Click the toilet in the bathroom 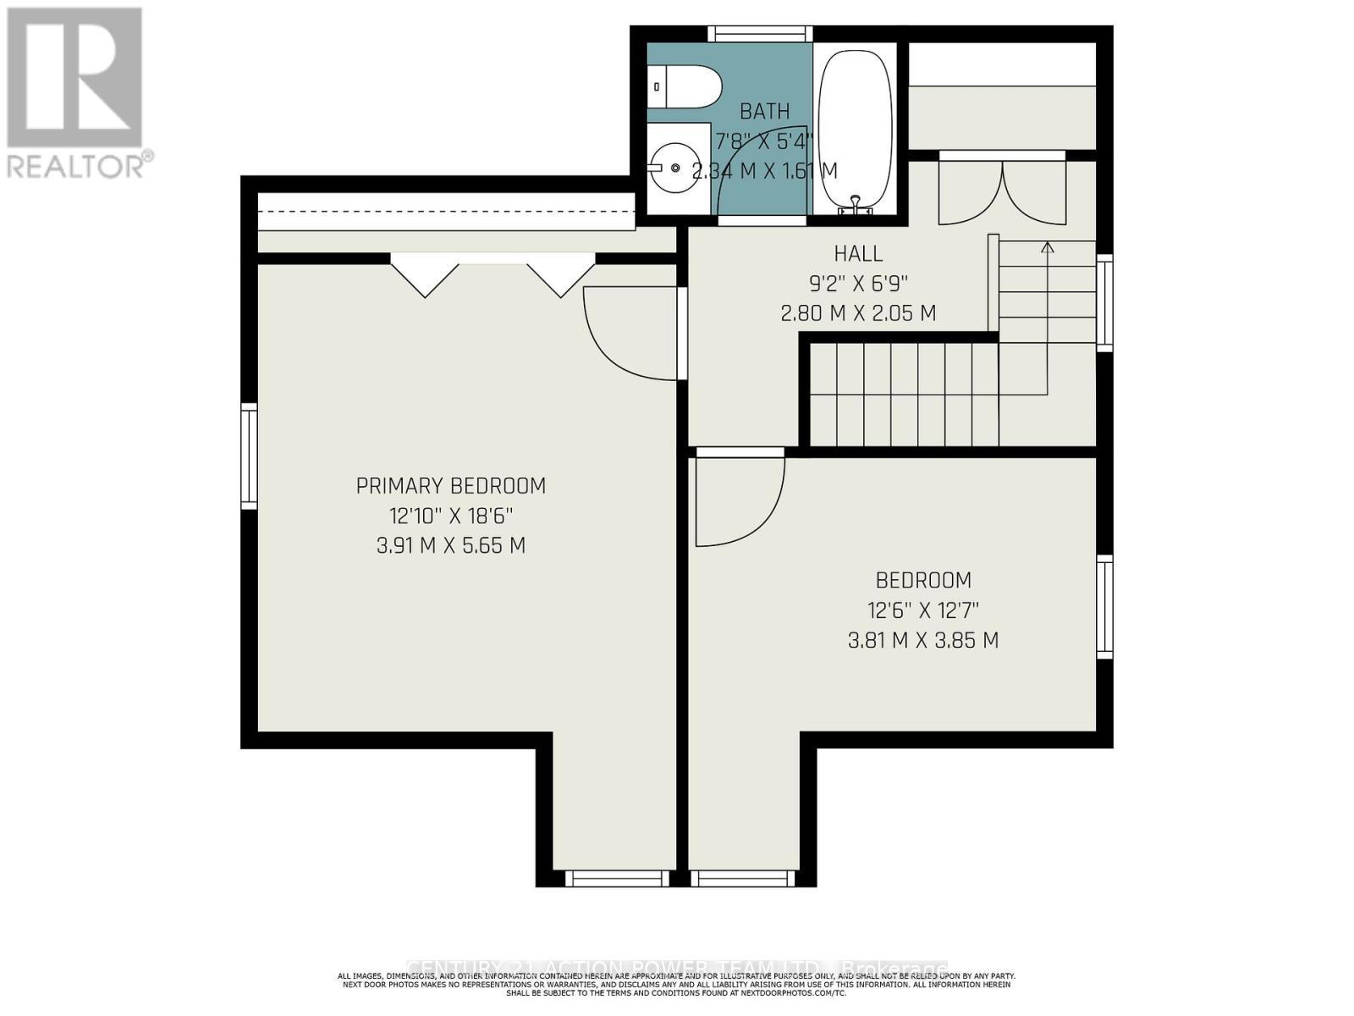click(x=687, y=86)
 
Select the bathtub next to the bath click(x=856, y=127)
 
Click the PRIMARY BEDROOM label click(x=450, y=486)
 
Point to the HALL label click(x=858, y=253)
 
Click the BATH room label click(x=764, y=111)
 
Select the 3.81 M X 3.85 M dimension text click(x=922, y=640)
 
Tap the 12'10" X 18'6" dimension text click(x=450, y=516)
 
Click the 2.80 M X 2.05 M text click(x=858, y=312)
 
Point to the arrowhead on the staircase click(x=1048, y=247)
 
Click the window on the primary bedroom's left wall click(x=249, y=456)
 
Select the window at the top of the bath click(x=759, y=34)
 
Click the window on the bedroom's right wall click(x=1104, y=606)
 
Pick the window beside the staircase click(x=1104, y=303)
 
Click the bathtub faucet click(x=856, y=203)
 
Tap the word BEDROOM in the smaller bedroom click(x=922, y=580)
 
